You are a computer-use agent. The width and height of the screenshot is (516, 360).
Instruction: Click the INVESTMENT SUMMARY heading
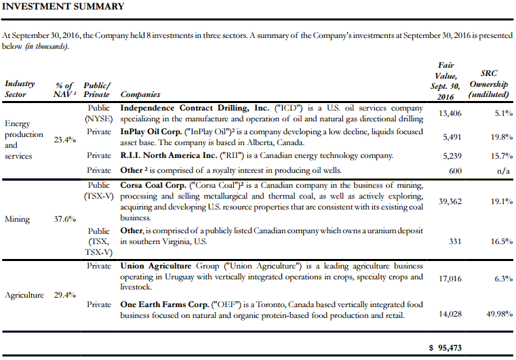(x=64, y=7)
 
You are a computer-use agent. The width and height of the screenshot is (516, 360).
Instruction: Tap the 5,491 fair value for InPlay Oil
(x=452, y=137)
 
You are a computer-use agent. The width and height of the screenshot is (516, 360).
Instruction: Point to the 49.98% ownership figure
(x=494, y=312)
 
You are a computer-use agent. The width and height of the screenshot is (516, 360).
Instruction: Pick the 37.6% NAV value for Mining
(x=65, y=219)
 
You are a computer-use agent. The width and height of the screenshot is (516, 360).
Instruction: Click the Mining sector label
(x=18, y=219)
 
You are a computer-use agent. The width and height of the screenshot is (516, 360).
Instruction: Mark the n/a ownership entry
(x=502, y=171)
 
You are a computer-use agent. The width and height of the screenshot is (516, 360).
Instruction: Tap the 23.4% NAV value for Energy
(x=65, y=140)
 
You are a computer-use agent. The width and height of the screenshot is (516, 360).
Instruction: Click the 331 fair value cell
(x=455, y=241)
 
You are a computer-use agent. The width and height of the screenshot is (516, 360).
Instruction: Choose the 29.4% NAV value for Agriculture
(x=65, y=295)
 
